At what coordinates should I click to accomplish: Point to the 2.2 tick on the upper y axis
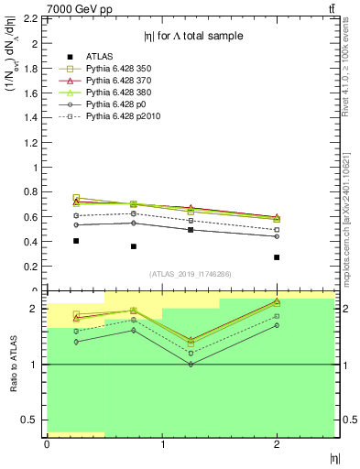pyautogui.click(x=32, y=18)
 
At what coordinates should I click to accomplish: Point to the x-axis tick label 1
pyautogui.click(x=162, y=444)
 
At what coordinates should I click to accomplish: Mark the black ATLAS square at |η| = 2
pyautogui.click(x=277, y=257)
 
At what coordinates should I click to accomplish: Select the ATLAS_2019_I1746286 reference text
pyautogui.click(x=190, y=274)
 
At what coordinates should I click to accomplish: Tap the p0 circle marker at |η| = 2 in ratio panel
pyautogui.click(x=277, y=325)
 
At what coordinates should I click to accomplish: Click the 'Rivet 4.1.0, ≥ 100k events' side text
pyautogui.click(x=351, y=78)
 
